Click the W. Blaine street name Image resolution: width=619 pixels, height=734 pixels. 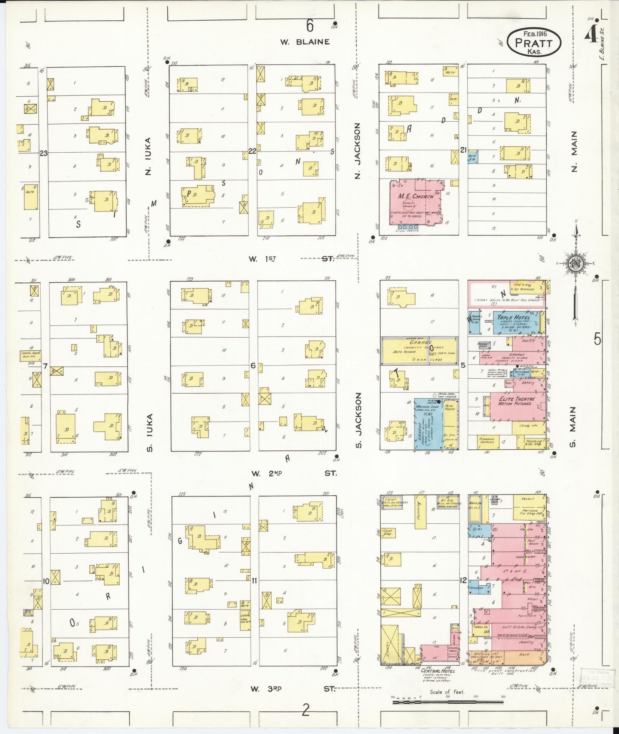click(305, 42)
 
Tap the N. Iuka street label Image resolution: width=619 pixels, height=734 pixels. click(148, 156)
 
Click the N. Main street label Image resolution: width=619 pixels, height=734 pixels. click(574, 152)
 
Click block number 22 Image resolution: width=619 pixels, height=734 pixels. click(252, 151)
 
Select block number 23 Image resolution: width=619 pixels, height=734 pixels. click(43, 153)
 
